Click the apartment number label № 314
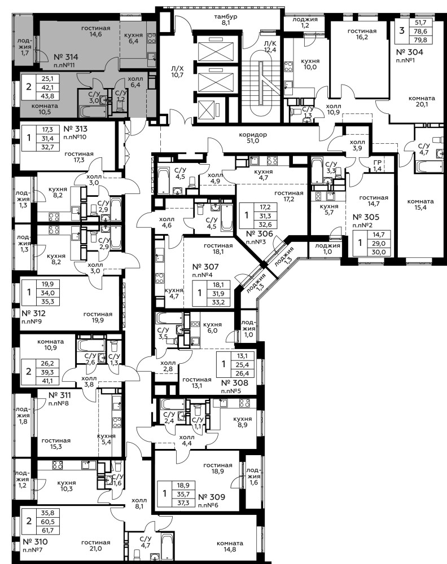click(x=66, y=57)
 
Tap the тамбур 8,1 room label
click(x=226, y=20)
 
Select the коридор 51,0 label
click(x=253, y=138)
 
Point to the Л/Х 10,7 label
click(x=177, y=72)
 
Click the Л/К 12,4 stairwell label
click(x=270, y=47)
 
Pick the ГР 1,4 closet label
click(x=377, y=166)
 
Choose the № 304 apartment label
click(x=410, y=52)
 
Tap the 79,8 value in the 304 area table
click(x=420, y=40)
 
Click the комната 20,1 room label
click(x=422, y=101)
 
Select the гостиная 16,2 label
click(x=362, y=34)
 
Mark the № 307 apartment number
click(x=205, y=267)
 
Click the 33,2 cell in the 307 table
click(x=218, y=302)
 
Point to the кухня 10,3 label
click(x=67, y=486)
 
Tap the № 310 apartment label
click(x=35, y=541)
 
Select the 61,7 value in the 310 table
click(x=48, y=531)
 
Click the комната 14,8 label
click(x=230, y=547)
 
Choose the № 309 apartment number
click(x=212, y=497)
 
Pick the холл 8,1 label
click(x=139, y=503)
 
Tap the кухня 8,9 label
click(x=243, y=422)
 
